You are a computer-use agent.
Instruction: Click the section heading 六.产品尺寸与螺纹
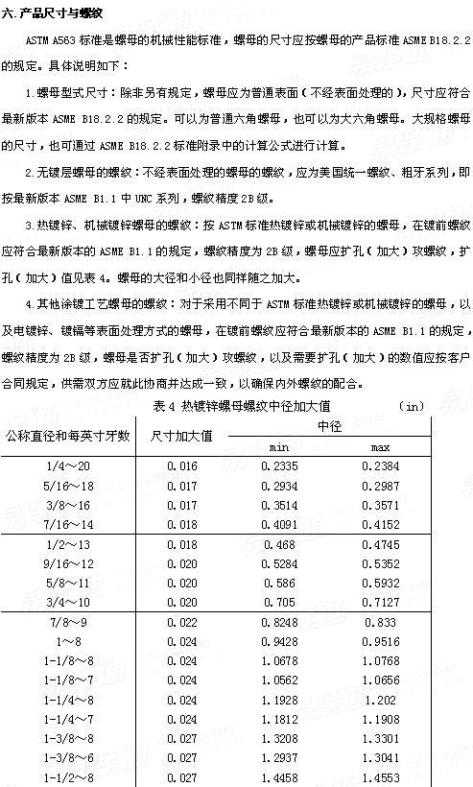click(x=54, y=12)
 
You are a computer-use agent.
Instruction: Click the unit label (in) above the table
click(x=410, y=406)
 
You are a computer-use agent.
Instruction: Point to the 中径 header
click(x=328, y=425)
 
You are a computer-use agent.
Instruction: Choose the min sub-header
click(x=279, y=448)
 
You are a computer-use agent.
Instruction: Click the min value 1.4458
click(x=279, y=779)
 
